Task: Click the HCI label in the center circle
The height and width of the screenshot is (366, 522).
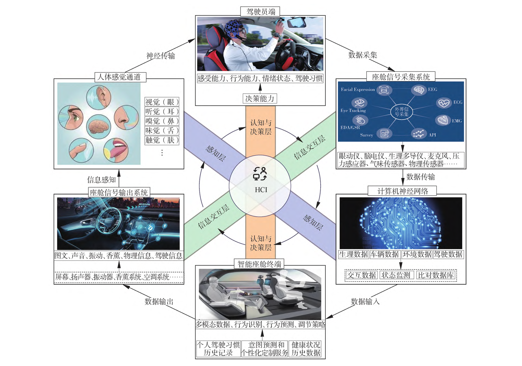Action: pyautogui.click(x=261, y=190)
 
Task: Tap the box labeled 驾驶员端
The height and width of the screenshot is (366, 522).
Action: pyautogui.click(x=260, y=12)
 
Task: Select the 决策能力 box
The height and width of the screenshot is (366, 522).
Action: pyautogui.click(x=260, y=99)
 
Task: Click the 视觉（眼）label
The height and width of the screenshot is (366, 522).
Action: pyautogui.click(x=162, y=102)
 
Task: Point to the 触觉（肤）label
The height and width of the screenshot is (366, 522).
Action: pyautogui.click(x=162, y=140)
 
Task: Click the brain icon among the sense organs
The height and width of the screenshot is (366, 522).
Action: pyautogui.click(x=99, y=126)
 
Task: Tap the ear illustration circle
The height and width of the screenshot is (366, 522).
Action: pyautogui.click(x=99, y=97)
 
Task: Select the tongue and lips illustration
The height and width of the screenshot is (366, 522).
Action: pyautogui.click(x=116, y=150)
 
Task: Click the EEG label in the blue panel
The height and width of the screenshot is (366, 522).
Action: pyautogui.click(x=432, y=90)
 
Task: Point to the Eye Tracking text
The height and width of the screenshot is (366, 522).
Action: pyautogui.click(x=353, y=111)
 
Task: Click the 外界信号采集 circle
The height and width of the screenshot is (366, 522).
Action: pyautogui.click(x=401, y=112)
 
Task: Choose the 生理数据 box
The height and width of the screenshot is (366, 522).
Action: pyautogui.click(x=353, y=255)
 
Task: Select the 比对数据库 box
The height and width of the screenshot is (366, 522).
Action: pyautogui.click(x=436, y=275)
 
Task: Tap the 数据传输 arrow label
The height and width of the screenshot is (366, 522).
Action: pyautogui.click(x=420, y=177)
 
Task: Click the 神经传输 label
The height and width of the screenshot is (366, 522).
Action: pyautogui.click(x=160, y=56)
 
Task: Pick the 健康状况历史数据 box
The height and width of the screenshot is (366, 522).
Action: pyautogui.click(x=306, y=349)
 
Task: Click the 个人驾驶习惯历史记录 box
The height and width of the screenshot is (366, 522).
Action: pyautogui.click(x=218, y=349)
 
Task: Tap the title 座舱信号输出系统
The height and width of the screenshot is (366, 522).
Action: pyautogui.click(x=118, y=193)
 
